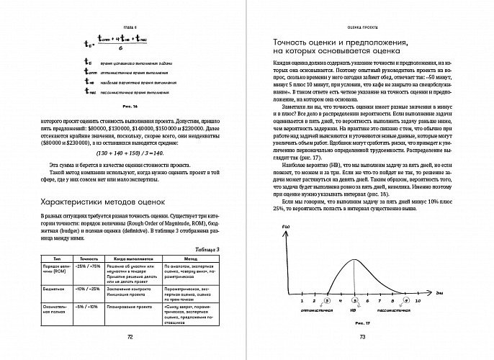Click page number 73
[362, 338]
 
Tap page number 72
[130, 338]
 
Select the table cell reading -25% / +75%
[89, 267]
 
